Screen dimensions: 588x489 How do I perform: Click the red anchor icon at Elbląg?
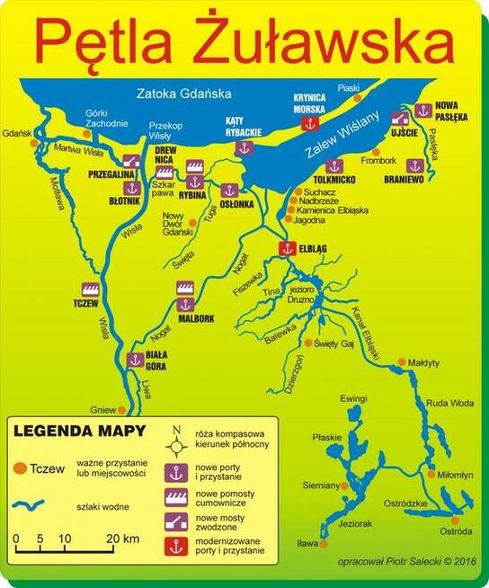286,248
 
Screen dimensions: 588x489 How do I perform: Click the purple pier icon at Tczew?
89,290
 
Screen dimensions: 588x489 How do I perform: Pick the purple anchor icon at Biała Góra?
135,360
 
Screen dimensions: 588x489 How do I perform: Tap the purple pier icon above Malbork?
185,288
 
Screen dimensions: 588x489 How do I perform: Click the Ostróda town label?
456,531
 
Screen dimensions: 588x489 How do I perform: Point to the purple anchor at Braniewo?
414,165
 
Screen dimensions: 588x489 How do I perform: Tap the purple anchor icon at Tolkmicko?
334,165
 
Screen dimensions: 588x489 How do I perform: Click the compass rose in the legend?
176,439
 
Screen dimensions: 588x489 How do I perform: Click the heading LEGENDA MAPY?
67,430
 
